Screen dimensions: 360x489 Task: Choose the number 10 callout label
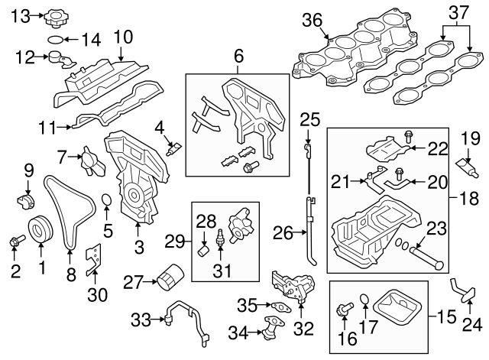click(122, 36)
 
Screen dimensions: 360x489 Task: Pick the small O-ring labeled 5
click(108, 202)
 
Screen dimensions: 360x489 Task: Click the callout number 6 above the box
click(238, 57)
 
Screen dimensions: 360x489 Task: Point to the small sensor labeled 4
click(175, 146)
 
